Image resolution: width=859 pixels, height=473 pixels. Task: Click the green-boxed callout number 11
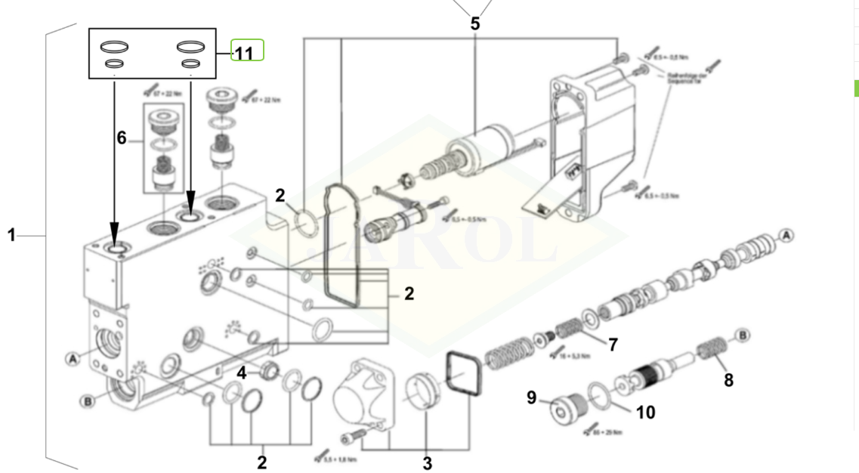point(244,54)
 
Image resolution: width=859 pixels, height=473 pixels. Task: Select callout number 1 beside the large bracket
point(11,235)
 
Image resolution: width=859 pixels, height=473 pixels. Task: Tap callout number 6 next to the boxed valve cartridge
point(121,138)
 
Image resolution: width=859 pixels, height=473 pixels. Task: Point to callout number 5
point(474,23)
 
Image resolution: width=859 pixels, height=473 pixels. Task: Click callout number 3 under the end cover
point(427,462)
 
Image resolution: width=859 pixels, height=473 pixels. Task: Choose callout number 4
point(242,372)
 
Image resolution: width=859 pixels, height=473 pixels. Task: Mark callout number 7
point(613,345)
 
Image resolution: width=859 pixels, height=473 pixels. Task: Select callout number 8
point(728,380)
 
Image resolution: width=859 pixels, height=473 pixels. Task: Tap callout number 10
point(644,412)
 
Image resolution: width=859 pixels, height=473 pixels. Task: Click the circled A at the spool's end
point(786,235)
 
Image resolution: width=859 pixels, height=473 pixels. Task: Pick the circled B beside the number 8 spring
point(743,334)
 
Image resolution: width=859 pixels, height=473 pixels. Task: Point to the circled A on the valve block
point(73,358)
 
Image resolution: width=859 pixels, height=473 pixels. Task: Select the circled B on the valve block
point(88,400)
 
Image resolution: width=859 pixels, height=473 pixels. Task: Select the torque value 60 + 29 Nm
point(607,432)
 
